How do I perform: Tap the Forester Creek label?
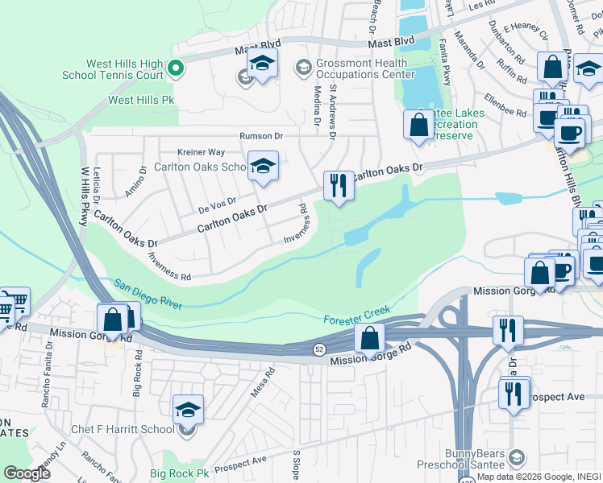tap(357, 315)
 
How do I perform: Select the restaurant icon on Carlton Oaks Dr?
tap(339, 186)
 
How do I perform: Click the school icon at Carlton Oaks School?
tap(263, 166)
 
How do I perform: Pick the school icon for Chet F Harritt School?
tap(188, 410)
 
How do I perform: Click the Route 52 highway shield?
tap(319, 348)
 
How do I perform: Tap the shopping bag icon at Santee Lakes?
tap(418, 125)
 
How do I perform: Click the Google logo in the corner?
tap(27, 473)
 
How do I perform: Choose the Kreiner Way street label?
tap(202, 151)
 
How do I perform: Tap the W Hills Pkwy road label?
tap(84, 189)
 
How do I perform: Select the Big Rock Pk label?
tap(179, 473)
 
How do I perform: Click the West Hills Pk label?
tap(141, 101)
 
